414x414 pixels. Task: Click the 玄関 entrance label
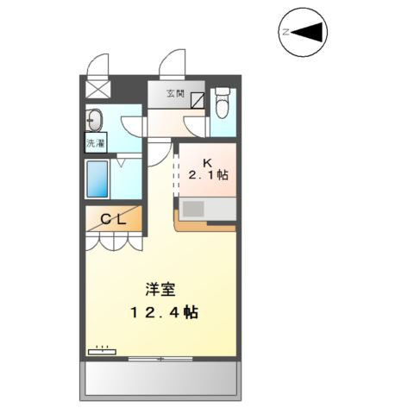point(175,94)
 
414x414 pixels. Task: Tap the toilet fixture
point(223,103)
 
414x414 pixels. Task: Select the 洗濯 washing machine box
point(96,143)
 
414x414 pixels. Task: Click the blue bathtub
point(97,179)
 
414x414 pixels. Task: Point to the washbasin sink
point(95,120)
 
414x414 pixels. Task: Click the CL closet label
point(114,220)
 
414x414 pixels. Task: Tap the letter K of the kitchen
point(207,163)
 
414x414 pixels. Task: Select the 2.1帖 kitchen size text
point(208,174)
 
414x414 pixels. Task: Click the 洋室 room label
point(160,290)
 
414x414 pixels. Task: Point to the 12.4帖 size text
point(164,312)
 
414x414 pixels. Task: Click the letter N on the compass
point(285,32)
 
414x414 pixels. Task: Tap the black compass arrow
point(309,31)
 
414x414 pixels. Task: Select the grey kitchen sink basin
point(193,209)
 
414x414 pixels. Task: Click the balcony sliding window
point(160,359)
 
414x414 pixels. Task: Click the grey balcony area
point(160,379)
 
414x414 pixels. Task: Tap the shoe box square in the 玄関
point(198,100)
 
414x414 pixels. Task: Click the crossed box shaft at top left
point(98,89)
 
